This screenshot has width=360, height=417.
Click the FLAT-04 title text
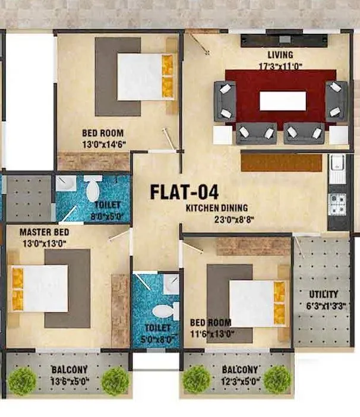[x=184, y=192]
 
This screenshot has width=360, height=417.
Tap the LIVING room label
[x=280, y=55]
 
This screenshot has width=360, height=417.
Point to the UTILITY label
[x=324, y=294]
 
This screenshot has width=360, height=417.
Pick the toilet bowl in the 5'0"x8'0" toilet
[x=163, y=311]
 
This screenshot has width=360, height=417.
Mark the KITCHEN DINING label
[x=216, y=208]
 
